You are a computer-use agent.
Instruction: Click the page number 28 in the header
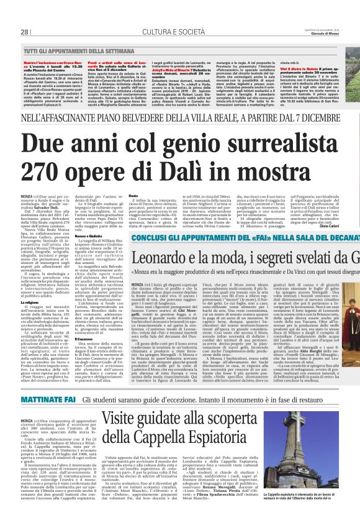click(x=25, y=32)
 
